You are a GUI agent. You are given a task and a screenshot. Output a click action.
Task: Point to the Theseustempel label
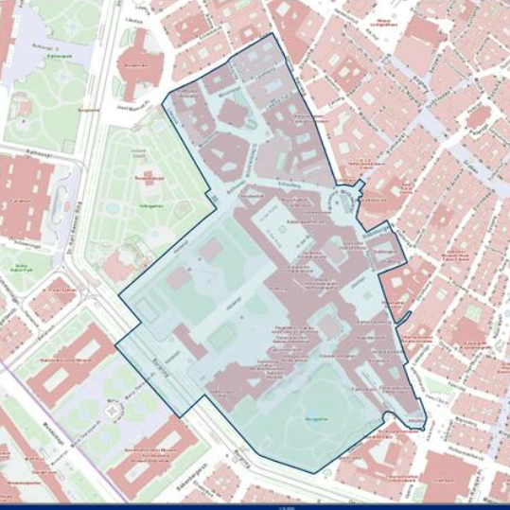(x=143, y=177)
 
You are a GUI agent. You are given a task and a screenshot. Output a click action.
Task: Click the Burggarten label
(x=316, y=418)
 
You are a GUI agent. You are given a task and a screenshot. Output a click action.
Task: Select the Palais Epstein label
(x=62, y=289)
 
